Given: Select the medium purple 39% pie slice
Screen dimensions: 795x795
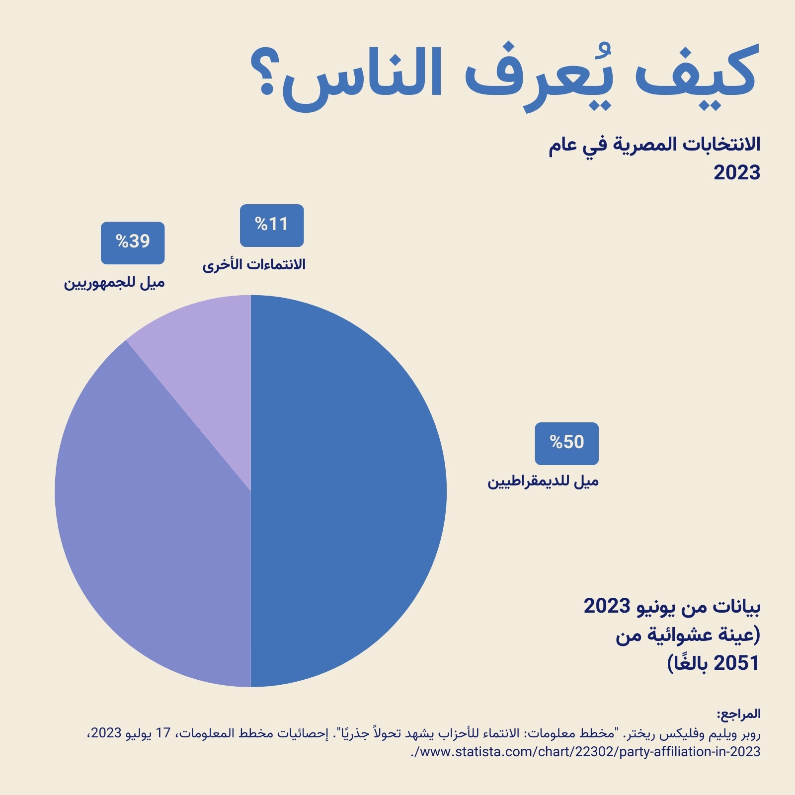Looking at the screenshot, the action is [x=149, y=522].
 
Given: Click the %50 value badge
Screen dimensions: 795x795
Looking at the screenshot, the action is [x=566, y=444].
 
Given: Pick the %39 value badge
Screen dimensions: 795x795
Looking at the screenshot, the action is [x=133, y=243].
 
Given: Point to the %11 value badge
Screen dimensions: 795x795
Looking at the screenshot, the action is [x=272, y=226].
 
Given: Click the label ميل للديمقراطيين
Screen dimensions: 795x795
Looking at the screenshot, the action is [x=543, y=481].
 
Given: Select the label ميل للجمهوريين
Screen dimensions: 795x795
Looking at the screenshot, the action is [x=114, y=283].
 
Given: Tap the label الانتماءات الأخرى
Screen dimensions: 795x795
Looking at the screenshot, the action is [x=254, y=264].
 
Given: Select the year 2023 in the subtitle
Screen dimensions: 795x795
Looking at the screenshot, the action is [x=737, y=173].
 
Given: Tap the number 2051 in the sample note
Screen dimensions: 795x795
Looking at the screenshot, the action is [x=736, y=663].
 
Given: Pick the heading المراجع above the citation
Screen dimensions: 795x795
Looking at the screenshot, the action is [x=738, y=714].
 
